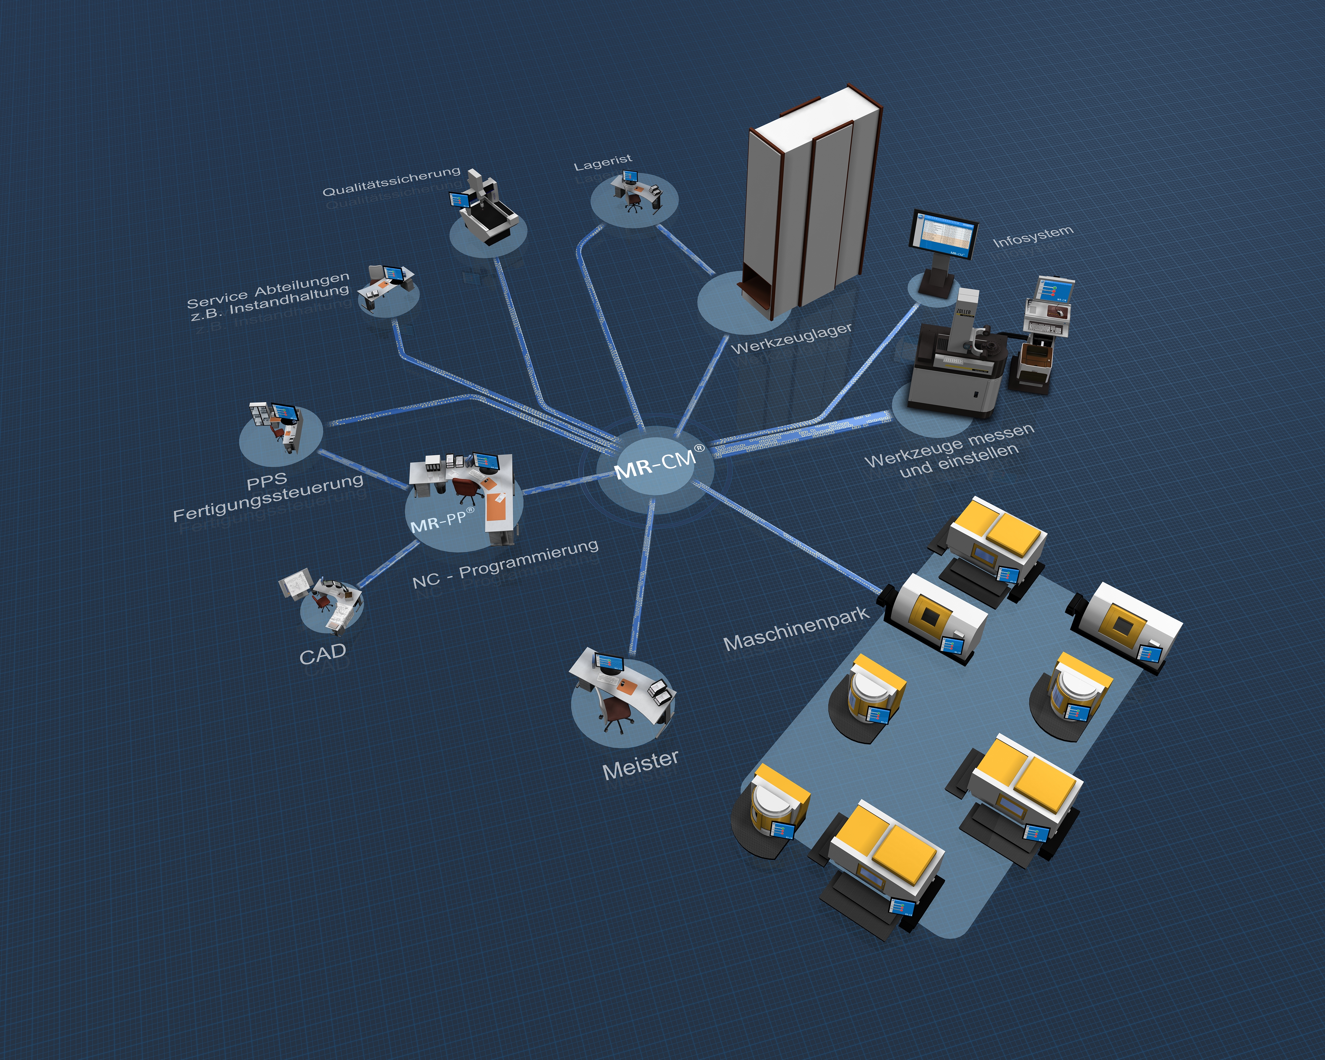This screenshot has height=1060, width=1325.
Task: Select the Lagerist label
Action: coord(602,162)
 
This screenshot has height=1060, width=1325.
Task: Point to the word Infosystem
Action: coord(1033,236)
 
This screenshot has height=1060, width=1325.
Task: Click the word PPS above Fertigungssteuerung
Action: coord(267,481)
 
